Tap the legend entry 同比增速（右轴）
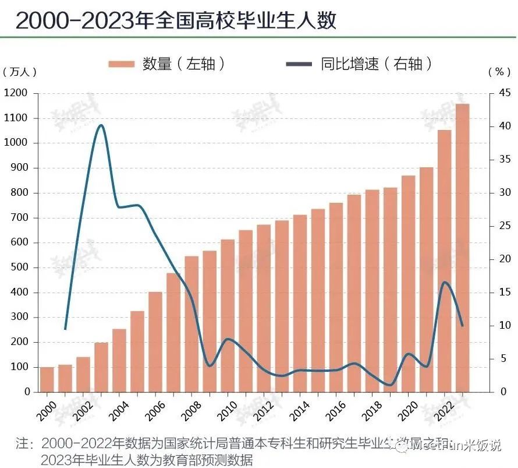coord(361,64)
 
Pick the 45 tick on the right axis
coord(500,93)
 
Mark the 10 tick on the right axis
coord(500,325)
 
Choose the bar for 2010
coord(228,315)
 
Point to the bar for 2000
coord(47,379)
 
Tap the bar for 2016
coord(336,297)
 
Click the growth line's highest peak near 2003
coord(101,125)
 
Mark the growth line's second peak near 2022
coord(445,282)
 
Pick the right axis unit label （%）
coord(498,72)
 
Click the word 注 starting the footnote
coord(22,444)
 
